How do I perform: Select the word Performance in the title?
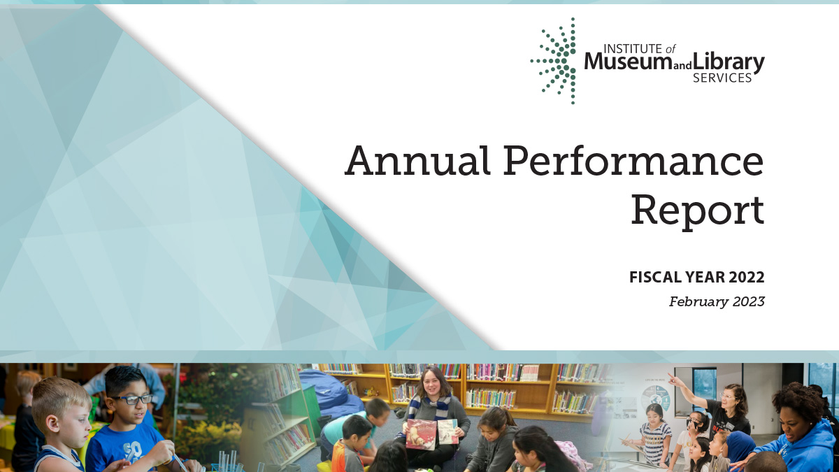[633, 161]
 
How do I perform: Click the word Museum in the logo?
[627, 63]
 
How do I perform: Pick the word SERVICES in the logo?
[722, 78]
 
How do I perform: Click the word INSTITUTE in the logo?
[622, 48]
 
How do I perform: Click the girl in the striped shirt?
[654, 434]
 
